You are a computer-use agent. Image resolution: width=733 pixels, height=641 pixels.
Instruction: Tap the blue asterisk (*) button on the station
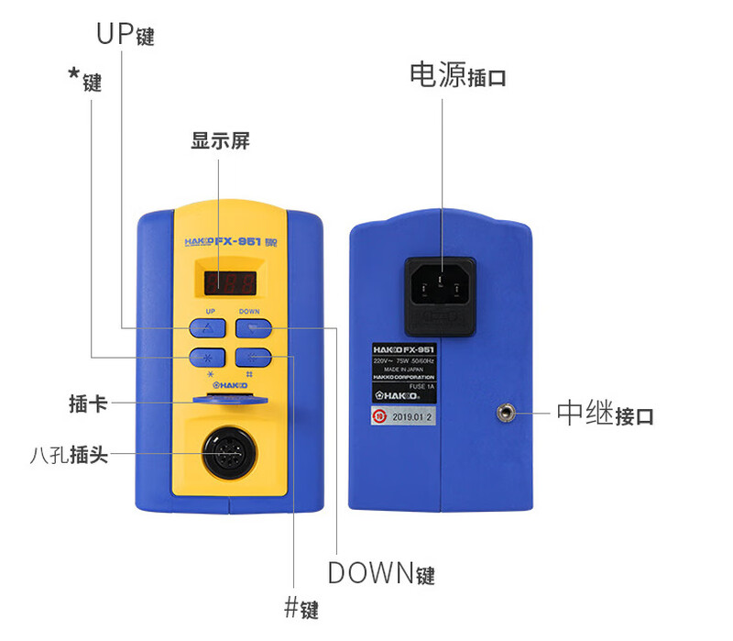pyautogui.click(x=207, y=358)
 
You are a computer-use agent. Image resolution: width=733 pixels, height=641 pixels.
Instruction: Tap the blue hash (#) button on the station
pyautogui.click(x=254, y=358)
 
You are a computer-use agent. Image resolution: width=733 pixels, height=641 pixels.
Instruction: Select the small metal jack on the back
pyautogui.click(x=503, y=414)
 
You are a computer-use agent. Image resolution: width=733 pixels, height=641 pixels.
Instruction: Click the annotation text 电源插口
pyautogui.click(x=457, y=76)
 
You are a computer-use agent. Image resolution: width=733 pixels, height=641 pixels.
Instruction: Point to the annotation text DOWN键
pyautogui.click(x=381, y=574)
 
